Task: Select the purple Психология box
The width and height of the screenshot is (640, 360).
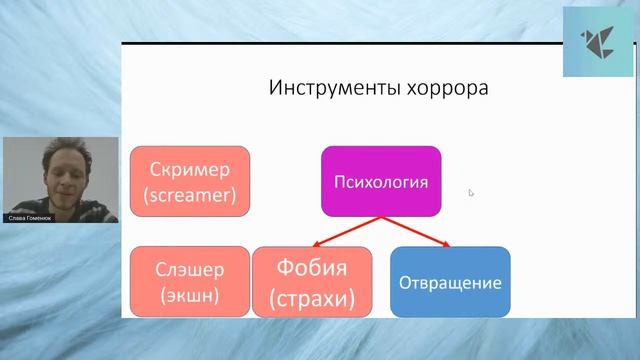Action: [380, 181]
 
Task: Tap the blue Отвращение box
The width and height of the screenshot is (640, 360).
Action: [449, 282]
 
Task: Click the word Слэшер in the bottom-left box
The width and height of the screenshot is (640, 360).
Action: [189, 269]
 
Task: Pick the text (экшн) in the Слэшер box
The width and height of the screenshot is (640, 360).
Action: [189, 295]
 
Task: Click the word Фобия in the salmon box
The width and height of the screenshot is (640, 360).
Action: [312, 268]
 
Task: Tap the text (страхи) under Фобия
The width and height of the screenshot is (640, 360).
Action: [312, 298]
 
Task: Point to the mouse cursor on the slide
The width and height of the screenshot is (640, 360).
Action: [471, 193]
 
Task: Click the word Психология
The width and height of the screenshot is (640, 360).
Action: [380, 182]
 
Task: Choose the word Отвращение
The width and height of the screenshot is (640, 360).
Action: [449, 283]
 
